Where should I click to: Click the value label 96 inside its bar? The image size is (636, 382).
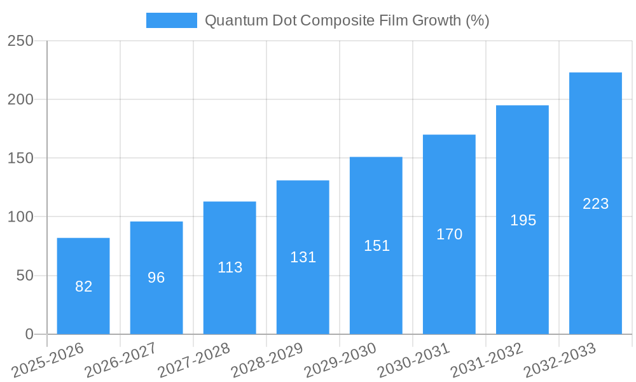coord(156,278)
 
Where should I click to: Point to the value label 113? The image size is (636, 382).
coord(230,267)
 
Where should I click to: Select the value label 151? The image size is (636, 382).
coord(377,246)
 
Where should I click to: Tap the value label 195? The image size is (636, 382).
coord(523,220)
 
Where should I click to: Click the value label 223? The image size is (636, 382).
coord(596,204)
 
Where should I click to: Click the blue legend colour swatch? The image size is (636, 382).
coord(172,20)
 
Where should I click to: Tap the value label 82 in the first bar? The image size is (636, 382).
coord(83,286)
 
